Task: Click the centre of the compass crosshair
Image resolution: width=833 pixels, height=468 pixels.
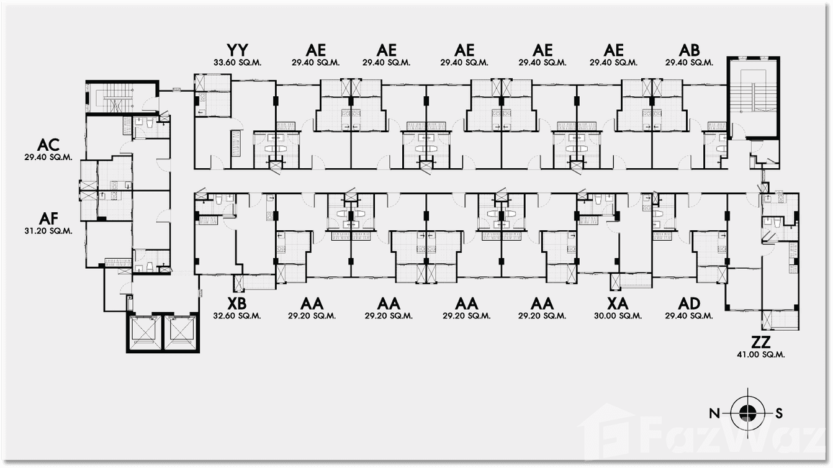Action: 748,413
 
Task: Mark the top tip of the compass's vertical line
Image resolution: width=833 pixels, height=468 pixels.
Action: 748,388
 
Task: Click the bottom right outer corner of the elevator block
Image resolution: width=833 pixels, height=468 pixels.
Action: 199,353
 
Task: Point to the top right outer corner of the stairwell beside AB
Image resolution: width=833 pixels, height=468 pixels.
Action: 780,57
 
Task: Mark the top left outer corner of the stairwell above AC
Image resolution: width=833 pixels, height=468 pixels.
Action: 86,80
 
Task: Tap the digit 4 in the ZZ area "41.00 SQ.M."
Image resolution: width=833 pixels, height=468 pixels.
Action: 740,354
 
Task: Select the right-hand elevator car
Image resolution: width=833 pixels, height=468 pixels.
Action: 181,333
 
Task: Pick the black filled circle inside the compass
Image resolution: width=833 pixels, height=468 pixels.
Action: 748,413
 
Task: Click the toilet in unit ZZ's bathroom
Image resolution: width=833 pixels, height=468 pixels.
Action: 778,223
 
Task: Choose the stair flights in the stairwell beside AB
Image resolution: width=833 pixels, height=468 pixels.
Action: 754,91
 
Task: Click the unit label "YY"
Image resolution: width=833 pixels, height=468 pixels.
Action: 237,50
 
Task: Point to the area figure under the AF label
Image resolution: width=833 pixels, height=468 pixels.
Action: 48,231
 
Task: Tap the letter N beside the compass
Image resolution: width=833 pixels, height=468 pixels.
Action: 714,413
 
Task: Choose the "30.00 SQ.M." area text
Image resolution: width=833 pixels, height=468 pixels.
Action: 618,316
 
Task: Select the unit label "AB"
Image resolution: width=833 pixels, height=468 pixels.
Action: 689,50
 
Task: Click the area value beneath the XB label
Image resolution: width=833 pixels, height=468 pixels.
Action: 237,316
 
